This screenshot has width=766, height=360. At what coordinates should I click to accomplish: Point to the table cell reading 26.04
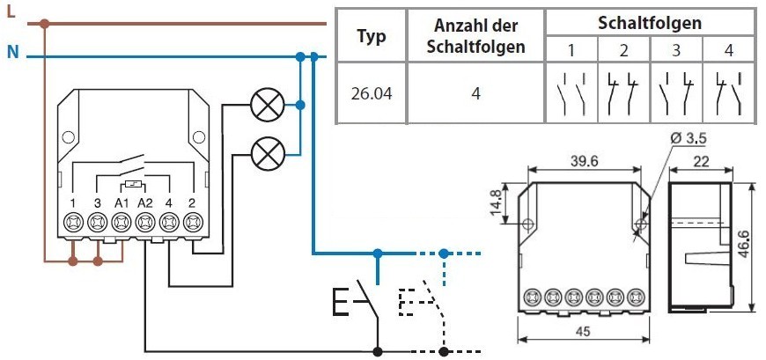pos(370,92)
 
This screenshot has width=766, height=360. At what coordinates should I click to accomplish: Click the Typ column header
pos(370,36)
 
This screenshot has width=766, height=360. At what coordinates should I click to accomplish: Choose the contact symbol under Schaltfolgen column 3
pos(676,93)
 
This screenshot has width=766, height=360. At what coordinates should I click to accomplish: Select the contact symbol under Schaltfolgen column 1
pos(572,93)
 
